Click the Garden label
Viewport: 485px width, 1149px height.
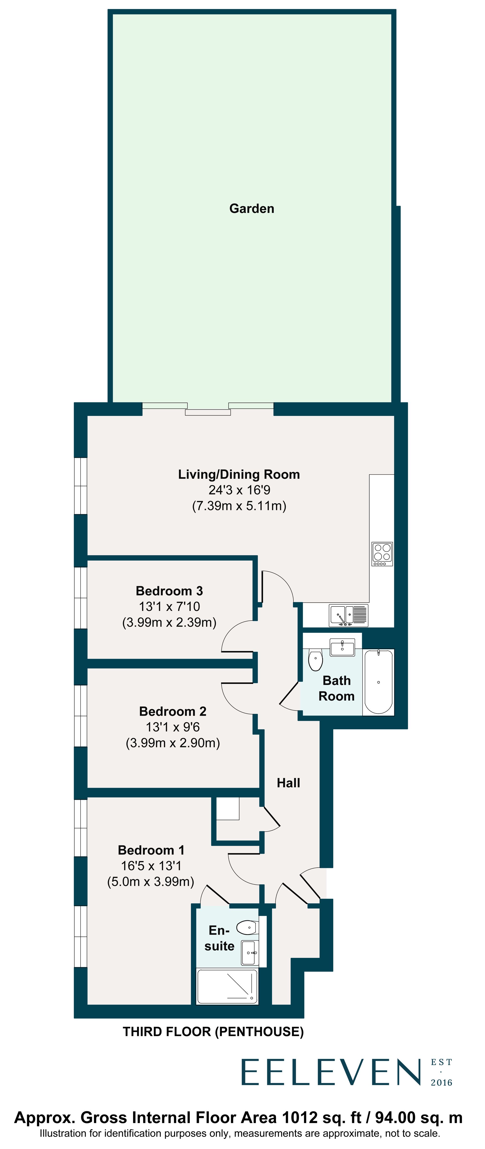click(252, 208)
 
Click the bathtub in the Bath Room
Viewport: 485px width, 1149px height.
click(378, 681)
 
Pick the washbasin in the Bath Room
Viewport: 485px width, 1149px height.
click(342, 647)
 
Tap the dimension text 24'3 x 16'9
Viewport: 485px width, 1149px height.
click(239, 490)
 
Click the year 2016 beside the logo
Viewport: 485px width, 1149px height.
click(441, 1083)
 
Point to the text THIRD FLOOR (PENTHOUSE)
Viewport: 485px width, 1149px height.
click(213, 1032)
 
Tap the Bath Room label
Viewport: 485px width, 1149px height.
click(336, 688)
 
